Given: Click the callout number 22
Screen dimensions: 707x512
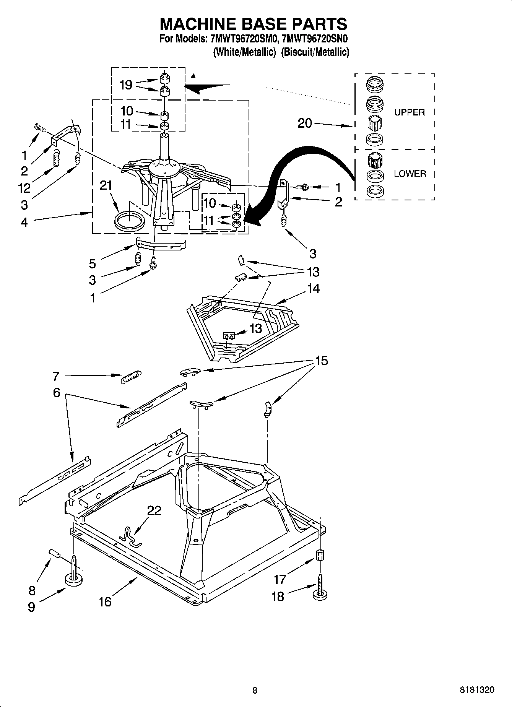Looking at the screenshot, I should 154,510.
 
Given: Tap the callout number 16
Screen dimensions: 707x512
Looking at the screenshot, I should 105,601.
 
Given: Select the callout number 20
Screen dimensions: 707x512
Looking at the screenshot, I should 305,123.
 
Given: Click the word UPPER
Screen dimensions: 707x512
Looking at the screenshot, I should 410,112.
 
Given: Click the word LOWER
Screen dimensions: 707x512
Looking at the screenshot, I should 410,174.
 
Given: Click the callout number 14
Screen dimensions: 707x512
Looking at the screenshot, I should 313,288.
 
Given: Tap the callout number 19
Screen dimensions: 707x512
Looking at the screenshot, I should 126,85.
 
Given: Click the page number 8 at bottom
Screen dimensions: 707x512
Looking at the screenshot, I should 255,690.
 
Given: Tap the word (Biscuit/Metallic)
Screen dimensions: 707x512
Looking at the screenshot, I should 315,52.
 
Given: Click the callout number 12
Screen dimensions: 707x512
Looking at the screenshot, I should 24,188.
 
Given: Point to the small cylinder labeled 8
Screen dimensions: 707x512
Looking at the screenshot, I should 55,553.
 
